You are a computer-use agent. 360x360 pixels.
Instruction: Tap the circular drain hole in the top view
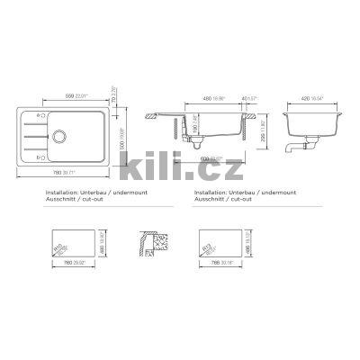[59, 138]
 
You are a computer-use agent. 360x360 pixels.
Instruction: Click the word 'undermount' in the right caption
[256, 193]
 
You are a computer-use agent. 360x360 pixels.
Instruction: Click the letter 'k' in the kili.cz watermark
[133, 168]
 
